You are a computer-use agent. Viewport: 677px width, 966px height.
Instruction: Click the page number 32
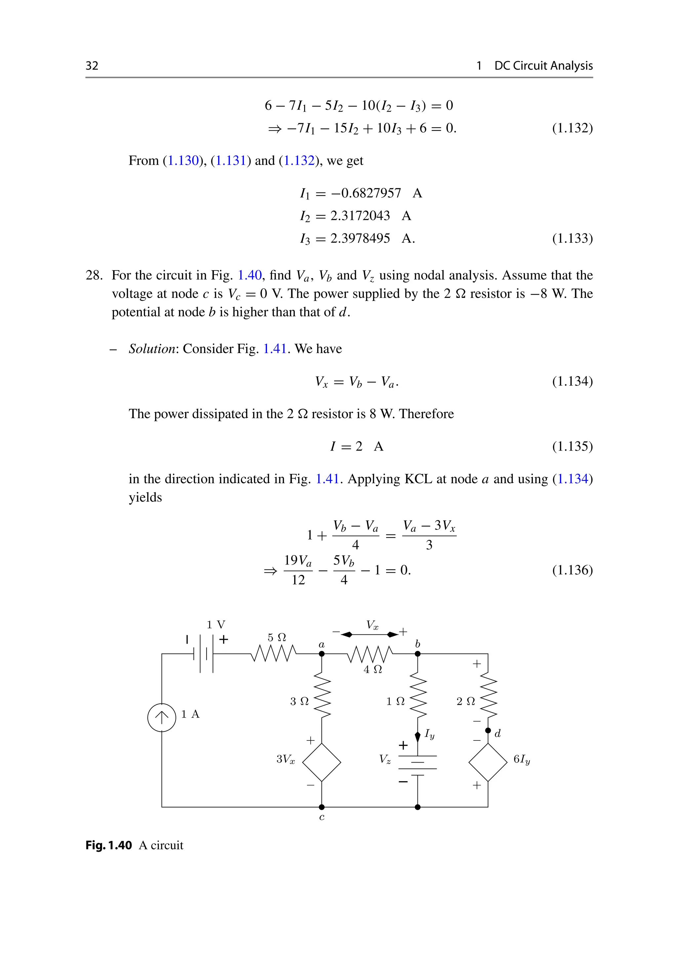coord(92,66)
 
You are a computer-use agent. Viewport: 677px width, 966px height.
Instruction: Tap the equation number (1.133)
coord(572,238)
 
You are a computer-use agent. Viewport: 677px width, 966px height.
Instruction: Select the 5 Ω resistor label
coord(277,637)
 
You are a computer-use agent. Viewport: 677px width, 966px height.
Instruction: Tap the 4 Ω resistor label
coord(373,669)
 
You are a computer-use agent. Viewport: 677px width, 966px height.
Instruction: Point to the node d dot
coord(488,731)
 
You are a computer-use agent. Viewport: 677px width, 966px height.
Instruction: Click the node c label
coord(322,817)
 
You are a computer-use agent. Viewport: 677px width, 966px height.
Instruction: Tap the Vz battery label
coord(385,759)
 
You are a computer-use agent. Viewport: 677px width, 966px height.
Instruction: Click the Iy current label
coord(429,734)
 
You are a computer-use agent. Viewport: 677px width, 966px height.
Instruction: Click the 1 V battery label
coord(216,625)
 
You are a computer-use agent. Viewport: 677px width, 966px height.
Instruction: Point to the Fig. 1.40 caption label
coord(109,845)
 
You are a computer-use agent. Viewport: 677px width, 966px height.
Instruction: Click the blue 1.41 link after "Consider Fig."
coord(274,349)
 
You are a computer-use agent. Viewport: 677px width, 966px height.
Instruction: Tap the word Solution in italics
coord(152,349)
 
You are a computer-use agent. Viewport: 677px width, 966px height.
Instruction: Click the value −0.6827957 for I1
coord(366,193)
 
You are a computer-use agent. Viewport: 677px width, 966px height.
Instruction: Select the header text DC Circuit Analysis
coord(543,66)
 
